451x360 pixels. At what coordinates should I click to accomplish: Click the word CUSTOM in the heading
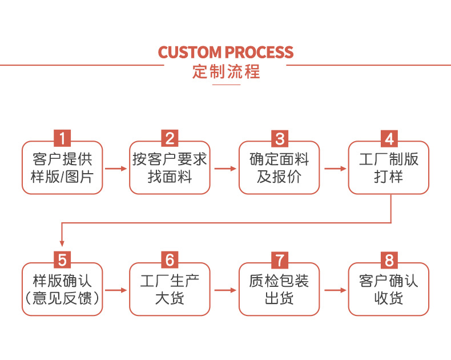coord(190,53)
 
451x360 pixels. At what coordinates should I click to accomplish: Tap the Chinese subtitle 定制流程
coord(226,72)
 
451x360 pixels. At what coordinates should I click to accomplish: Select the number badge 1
coord(62,138)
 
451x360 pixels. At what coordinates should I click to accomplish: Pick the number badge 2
coord(170,138)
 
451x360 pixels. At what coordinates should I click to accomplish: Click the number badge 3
coord(279,138)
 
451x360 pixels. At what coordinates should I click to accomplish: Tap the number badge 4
coord(389,138)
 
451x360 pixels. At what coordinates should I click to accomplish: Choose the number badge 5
coord(62,260)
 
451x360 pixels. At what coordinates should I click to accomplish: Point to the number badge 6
coord(170,260)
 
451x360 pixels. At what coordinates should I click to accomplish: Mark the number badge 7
coord(279,260)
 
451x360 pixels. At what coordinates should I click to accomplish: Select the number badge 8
coord(389,260)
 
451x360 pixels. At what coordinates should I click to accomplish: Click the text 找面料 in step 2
coord(170,177)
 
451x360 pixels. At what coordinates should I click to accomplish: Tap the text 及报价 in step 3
coord(279,177)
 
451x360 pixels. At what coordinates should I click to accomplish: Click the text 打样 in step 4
coord(389,177)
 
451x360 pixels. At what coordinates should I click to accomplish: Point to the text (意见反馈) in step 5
coord(62,298)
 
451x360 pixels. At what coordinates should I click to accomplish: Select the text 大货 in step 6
coord(170,298)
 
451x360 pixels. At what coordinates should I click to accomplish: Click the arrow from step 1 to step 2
coord(116,169)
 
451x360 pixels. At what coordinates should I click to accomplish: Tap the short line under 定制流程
coord(226,85)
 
